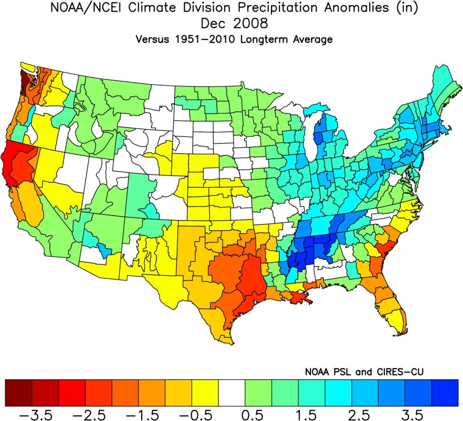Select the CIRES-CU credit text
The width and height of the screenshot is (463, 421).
[x=398, y=371]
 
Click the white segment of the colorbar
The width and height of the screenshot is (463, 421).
[x=232, y=392]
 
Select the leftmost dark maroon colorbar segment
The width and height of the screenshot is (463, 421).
[x=18, y=392]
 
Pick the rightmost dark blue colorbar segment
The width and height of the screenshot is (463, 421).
[x=444, y=392]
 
